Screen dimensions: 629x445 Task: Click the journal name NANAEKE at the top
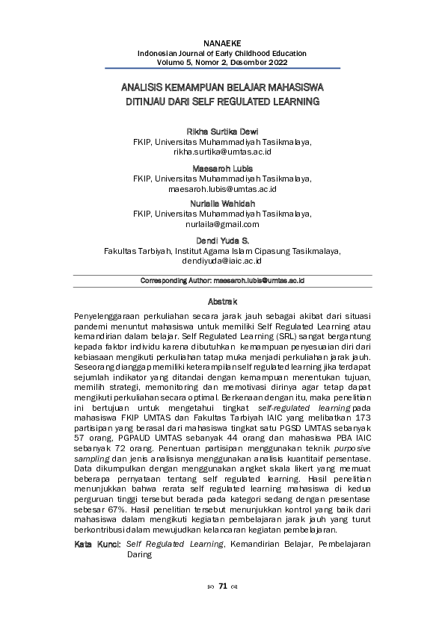point(222,45)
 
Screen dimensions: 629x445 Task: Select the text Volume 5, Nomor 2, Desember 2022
point(222,63)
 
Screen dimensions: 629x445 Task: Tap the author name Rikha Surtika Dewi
point(222,131)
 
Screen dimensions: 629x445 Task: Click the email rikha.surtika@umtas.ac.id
point(222,151)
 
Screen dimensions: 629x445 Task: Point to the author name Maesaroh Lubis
point(222,168)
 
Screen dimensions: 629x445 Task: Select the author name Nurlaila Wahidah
point(222,204)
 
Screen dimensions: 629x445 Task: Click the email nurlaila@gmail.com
point(222,223)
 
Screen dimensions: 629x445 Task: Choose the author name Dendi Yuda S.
point(222,241)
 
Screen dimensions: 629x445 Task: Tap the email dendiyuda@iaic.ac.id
point(222,261)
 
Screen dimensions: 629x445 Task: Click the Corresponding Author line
point(222,281)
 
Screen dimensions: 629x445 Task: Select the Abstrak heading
point(222,303)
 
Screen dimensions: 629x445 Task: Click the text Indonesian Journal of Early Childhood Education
point(222,54)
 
